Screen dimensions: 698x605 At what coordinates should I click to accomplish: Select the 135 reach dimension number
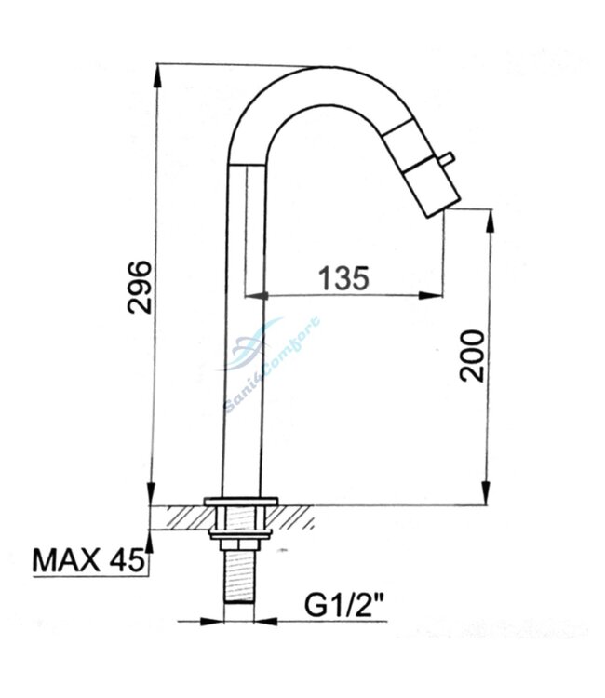[x=343, y=276]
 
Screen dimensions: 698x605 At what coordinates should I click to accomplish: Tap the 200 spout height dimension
[x=473, y=355]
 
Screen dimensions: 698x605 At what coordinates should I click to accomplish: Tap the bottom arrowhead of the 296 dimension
[x=155, y=497]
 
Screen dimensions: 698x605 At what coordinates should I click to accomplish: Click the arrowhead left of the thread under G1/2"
[x=220, y=620]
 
